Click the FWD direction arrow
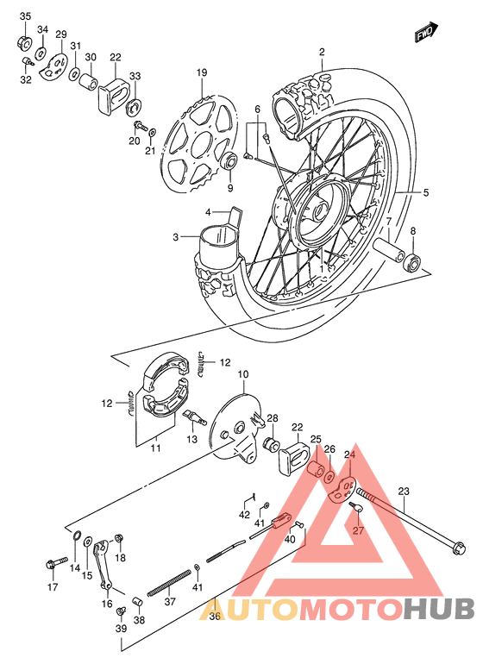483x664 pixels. (423, 34)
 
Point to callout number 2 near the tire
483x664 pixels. (322, 52)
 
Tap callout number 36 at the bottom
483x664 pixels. (215, 615)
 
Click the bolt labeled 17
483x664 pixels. (51, 564)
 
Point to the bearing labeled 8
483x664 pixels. (415, 262)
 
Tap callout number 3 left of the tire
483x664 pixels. (175, 237)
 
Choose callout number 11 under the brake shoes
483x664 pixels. (155, 448)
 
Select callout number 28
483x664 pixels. (272, 419)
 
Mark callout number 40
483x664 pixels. (289, 539)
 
